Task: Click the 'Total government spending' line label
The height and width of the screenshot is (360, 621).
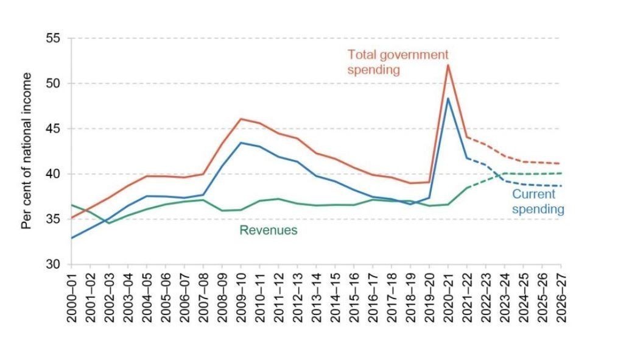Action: click(x=397, y=62)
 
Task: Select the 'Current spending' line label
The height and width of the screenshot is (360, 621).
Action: click(x=538, y=202)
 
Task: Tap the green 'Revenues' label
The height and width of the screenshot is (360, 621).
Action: click(x=268, y=230)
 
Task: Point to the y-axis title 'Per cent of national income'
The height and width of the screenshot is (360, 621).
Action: click(x=26, y=151)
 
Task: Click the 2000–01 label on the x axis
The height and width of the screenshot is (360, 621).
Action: click(x=71, y=298)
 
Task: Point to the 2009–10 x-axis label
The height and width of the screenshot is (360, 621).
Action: click(x=240, y=298)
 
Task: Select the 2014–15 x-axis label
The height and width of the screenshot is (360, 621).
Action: click(x=335, y=298)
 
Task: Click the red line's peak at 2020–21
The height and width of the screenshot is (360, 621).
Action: click(x=448, y=65)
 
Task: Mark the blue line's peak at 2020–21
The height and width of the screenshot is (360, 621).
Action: click(x=448, y=98)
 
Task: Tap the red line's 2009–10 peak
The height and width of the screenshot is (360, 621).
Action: click(x=240, y=119)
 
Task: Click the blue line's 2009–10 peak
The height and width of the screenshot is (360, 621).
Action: click(x=240, y=143)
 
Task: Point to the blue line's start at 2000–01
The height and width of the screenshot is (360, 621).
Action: click(x=71, y=238)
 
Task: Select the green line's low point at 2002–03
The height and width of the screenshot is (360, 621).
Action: click(x=109, y=223)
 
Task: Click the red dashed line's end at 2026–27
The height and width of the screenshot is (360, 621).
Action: click(x=560, y=163)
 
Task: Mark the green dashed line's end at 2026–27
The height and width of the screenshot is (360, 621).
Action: click(x=560, y=173)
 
